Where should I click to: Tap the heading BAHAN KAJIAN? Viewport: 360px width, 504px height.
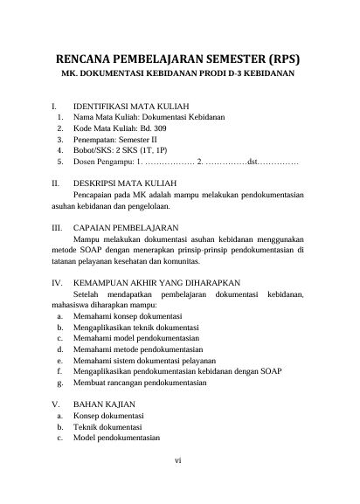tap(104, 404)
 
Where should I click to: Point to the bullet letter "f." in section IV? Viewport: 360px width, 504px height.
tap(58, 370)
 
